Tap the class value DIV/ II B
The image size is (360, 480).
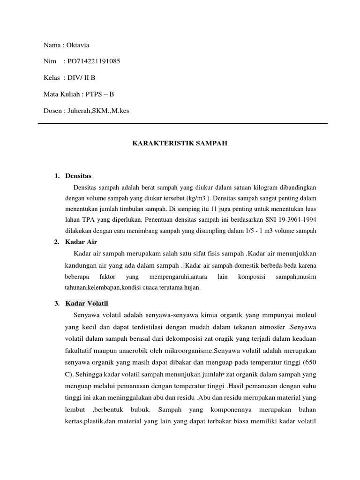tap(81, 78)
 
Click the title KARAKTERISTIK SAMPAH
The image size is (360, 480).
tap(180, 143)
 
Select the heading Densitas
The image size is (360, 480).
tap(79, 176)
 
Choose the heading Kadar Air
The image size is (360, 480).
tap(81, 242)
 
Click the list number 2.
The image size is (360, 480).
tap(56, 242)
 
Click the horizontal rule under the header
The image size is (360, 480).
tap(182, 123)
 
